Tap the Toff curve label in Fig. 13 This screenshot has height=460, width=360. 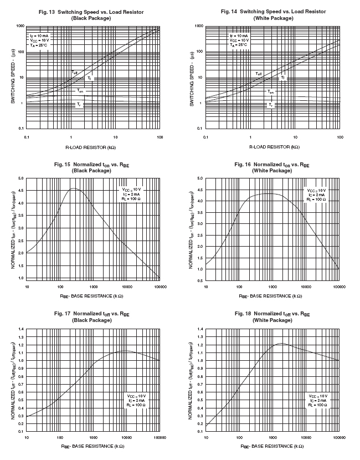(x=74, y=73)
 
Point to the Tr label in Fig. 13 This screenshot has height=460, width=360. (x=79, y=104)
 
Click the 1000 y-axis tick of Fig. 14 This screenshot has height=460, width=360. (x=198, y=26)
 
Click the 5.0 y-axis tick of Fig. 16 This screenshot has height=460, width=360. (x=199, y=178)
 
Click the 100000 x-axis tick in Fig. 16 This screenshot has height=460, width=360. (x=339, y=287)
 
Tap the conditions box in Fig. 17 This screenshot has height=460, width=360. (x=136, y=401)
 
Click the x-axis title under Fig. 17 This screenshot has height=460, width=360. (x=93, y=445)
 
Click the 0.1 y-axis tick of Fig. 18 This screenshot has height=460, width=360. (x=199, y=431)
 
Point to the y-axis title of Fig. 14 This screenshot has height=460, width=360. (x=192, y=78)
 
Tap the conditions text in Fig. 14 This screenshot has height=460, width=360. (x=239, y=40)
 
